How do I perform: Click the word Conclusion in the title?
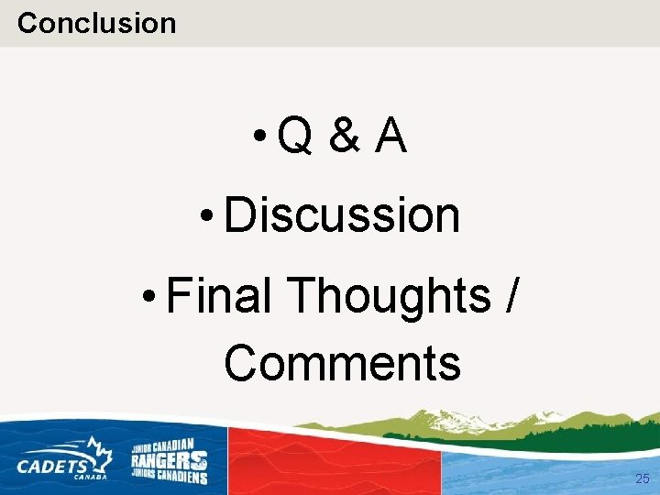[x=96, y=22]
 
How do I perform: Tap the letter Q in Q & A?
[x=294, y=137]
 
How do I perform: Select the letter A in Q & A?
[x=390, y=137]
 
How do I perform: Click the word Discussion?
[x=341, y=215]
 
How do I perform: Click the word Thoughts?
[x=390, y=296]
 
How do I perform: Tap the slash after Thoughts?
[x=511, y=296]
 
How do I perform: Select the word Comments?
[x=342, y=362]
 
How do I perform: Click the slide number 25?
[x=642, y=478]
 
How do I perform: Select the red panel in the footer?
[x=335, y=463]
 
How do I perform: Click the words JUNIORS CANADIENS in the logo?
[x=169, y=476]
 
